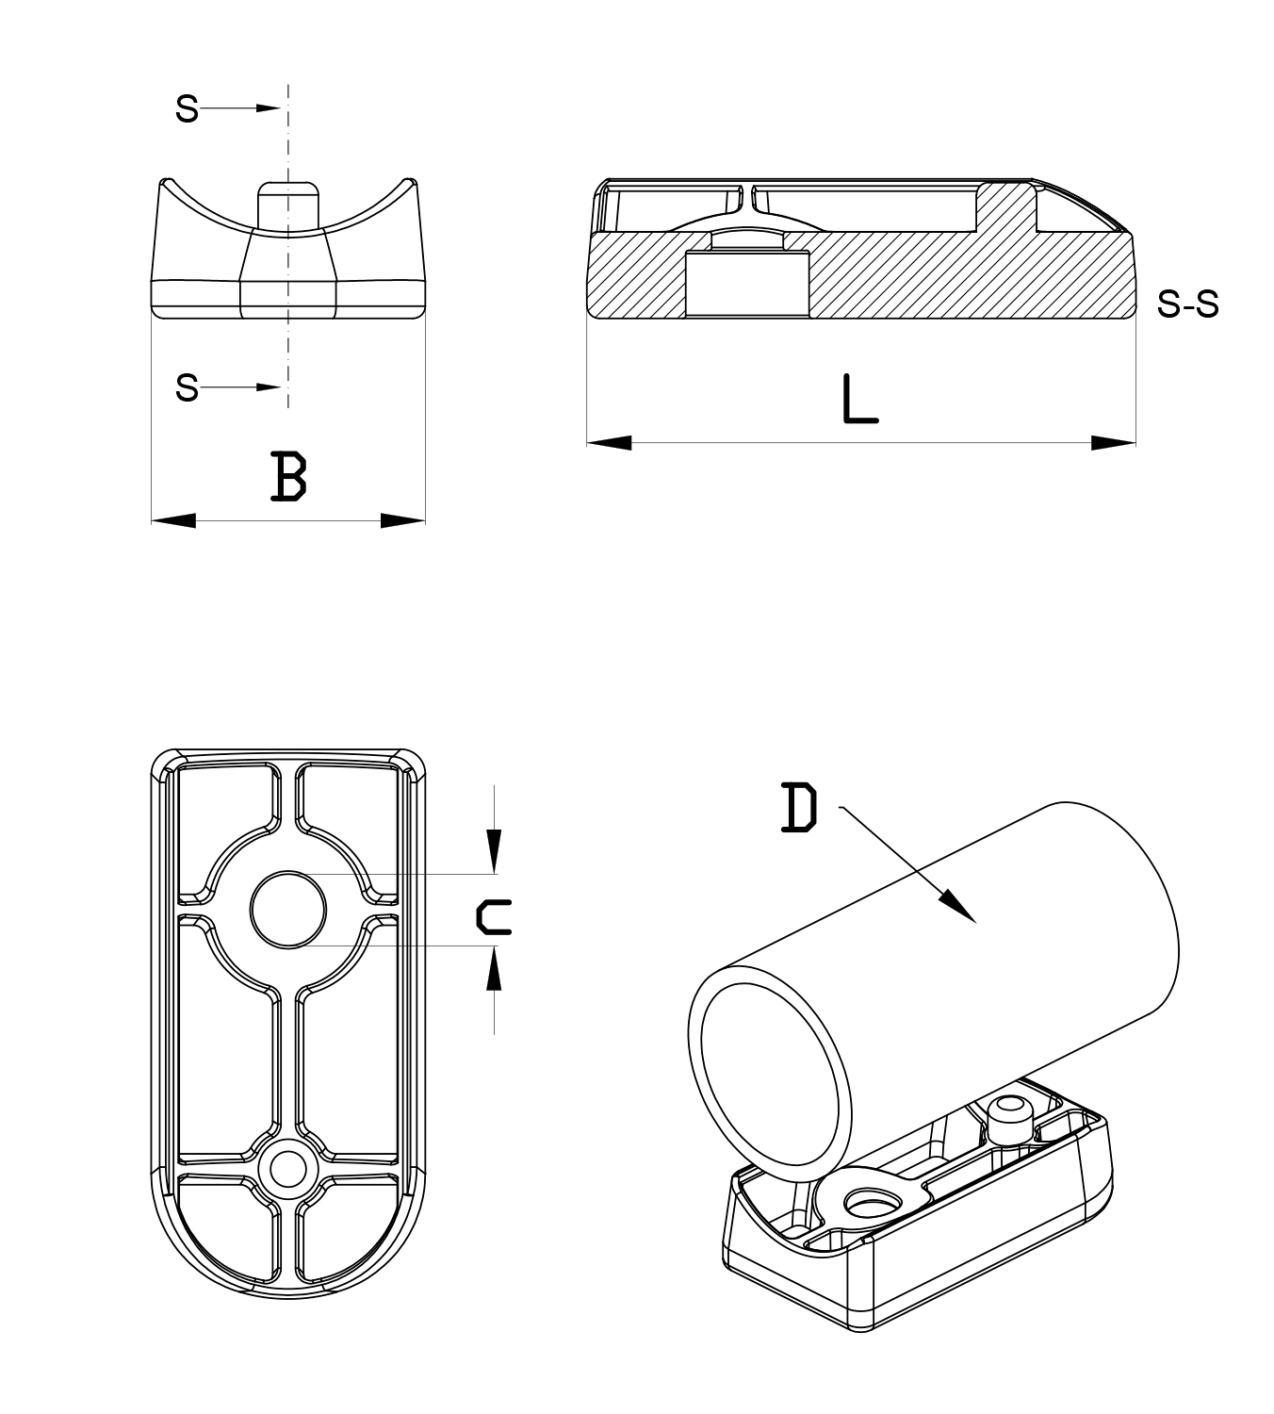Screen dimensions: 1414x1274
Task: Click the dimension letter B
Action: pos(288,476)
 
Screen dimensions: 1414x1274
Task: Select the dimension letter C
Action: pos(494,916)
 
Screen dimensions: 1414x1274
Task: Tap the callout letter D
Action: pos(799,810)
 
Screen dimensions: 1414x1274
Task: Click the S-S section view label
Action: pos(1187,304)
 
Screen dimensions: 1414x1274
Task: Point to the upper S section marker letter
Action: pos(188,110)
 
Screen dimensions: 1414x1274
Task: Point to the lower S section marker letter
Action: pos(188,387)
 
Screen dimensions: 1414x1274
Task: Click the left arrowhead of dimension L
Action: pos(607,442)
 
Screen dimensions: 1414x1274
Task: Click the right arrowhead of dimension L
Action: pos(1115,442)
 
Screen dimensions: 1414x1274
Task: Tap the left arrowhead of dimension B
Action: pos(172,520)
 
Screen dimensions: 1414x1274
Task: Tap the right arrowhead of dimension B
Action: pos(404,520)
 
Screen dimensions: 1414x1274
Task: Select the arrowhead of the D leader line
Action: pos(961,907)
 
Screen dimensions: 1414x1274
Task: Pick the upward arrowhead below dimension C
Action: pos(494,969)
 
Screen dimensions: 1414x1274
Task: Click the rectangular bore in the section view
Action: pos(745,284)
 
